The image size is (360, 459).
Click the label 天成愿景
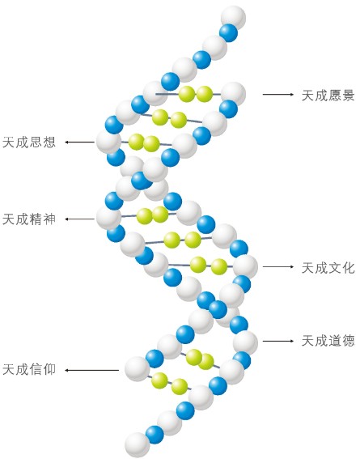click(328, 96)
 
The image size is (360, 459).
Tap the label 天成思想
click(29, 142)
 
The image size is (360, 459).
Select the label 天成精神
click(29, 219)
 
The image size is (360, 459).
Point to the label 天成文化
click(328, 268)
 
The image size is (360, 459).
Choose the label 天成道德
click(328, 341)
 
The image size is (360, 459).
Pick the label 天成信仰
click(29, 370)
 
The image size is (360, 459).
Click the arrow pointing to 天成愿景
click(278, 94)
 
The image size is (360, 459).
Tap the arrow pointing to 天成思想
click(79, 142)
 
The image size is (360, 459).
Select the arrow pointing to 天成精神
click(79, 219)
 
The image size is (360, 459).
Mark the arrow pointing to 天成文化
click(278, 266)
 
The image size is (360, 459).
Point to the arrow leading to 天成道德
click(278, 341)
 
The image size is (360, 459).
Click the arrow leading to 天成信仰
click(91, 370)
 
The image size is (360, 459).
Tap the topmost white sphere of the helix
click(233, 17)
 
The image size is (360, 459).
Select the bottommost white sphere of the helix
click(138, 445)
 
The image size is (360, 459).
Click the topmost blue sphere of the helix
click(228, 32)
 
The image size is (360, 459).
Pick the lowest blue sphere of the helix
click(155, 435)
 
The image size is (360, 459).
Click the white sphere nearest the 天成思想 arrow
click(108, 142)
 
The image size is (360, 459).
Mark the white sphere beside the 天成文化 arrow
click(245, 266)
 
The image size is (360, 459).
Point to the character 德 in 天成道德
click(349, 341)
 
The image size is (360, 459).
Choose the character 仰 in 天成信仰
click(49, 370)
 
